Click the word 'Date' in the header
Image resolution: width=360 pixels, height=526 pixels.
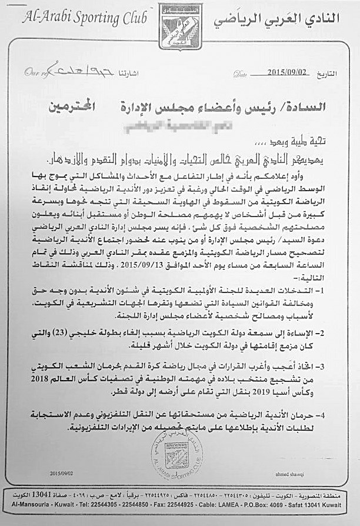[240, 75]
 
